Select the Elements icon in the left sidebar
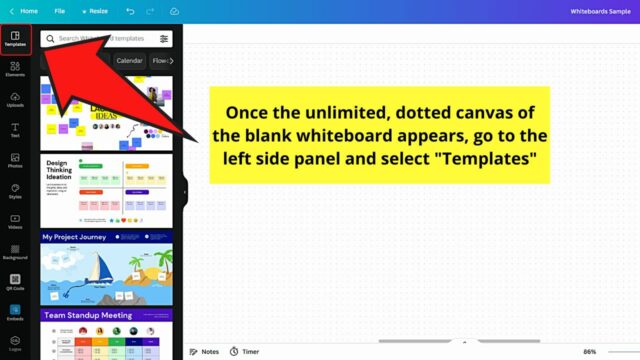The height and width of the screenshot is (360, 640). (15, 69)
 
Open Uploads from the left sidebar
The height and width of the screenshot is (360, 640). (15, 99)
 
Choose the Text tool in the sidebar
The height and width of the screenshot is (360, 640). (15, 129)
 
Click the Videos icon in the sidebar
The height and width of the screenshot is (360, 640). (15, 221)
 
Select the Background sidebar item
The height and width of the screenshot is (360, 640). (15, 251)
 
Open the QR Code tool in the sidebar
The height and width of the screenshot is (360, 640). (15, 282)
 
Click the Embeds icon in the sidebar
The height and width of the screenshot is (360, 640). (15, 312)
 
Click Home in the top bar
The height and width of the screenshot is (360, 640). (24, 11)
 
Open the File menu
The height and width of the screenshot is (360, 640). (60, 11)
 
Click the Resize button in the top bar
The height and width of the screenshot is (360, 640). (94, 11)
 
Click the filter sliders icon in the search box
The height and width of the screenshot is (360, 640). (164, 39)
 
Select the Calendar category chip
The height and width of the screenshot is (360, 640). (129, 61)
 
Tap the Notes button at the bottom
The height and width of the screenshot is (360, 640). (205, 352)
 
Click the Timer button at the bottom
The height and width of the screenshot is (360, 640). (244, 352)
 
